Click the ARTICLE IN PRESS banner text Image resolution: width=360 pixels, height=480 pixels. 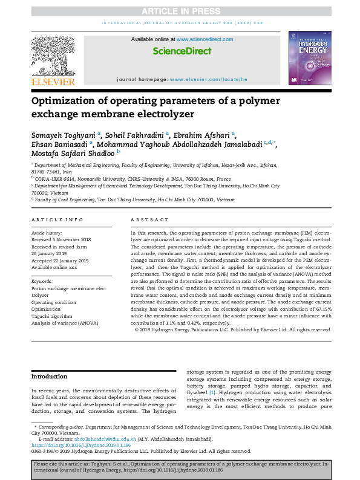tap(180, 11)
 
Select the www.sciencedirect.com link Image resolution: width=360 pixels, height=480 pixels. tap(203, 39)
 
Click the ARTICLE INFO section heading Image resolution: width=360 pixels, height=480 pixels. tap(58, 220)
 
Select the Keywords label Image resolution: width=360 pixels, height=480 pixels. tap(42, 281)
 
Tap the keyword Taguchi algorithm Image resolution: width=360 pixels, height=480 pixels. tap(52, 316)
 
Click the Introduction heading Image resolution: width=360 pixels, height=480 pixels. tap(50, 376)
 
